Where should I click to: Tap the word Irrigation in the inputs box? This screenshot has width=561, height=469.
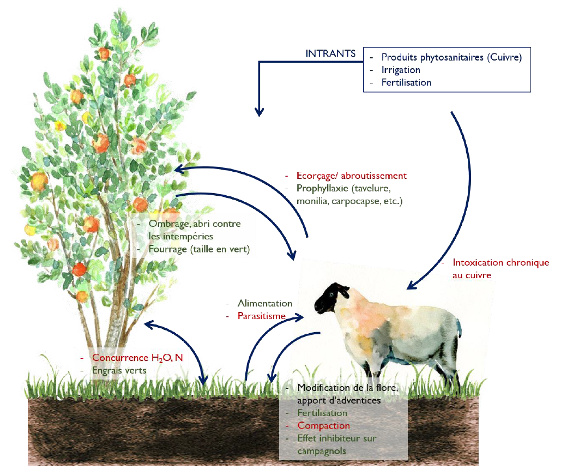point(401,70)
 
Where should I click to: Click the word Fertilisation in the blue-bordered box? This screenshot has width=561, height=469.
point(406,83)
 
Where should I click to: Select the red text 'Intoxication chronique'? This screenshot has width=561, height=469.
point(500,263)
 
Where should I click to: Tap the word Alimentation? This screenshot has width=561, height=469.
point(265,303)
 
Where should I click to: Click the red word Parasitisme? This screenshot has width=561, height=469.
point(262,316)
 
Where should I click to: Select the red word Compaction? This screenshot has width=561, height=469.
point(324,425)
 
